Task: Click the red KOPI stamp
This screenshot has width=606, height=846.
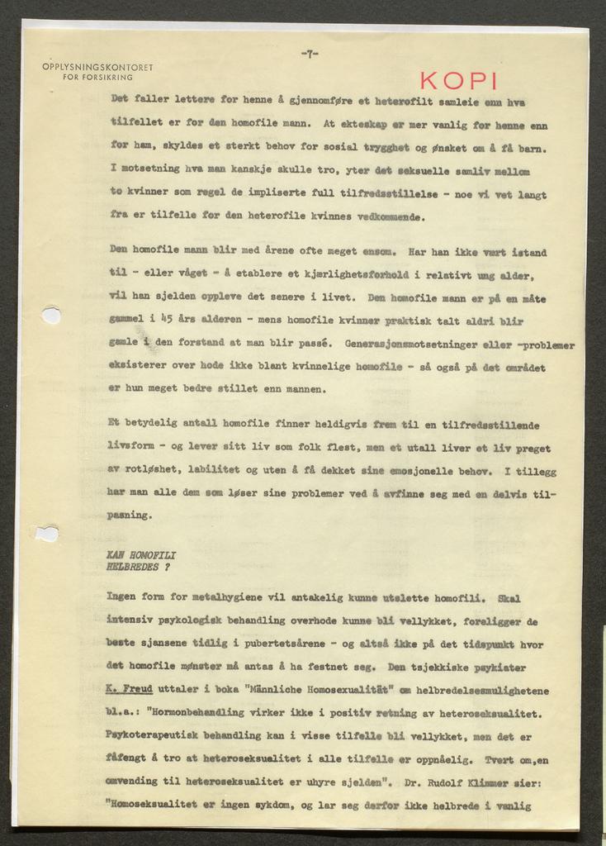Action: tap(458, 81)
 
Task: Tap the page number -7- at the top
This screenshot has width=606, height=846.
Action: tap(310, 55)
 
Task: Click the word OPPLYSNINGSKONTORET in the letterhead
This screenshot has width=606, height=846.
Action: tap(97, 67)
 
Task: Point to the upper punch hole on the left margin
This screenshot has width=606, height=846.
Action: tap(51, 316)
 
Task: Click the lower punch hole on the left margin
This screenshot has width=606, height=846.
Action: tap(48, 534)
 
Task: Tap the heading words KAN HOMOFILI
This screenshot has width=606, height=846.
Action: tap(141, 556)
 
